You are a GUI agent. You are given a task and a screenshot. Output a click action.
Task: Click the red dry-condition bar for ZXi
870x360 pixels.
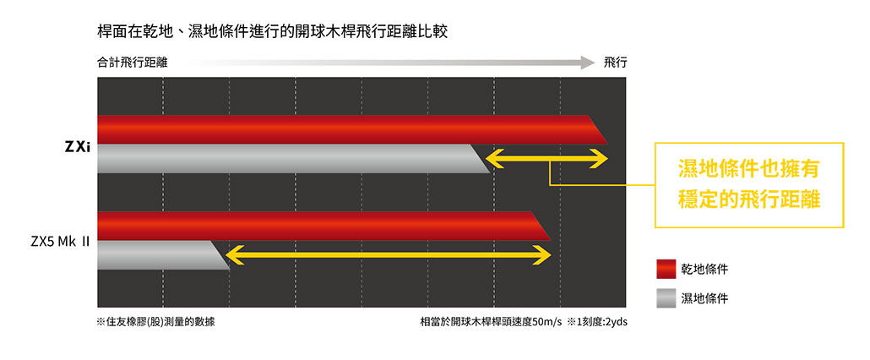[x=352, y=130]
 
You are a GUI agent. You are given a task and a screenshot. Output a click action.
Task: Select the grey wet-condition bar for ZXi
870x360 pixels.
[x=293, y=159]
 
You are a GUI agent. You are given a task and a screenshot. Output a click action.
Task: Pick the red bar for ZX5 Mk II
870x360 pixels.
[x=324, y=226]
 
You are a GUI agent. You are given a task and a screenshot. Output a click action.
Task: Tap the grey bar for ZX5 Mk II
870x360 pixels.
[x=164, y=255]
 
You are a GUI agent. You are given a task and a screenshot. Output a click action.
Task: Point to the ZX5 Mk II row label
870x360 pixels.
[x=60, y=243]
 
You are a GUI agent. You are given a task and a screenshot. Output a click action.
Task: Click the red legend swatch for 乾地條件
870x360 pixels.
[x=666, y=270]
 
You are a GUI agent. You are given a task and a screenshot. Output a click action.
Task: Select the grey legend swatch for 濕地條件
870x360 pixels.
[x=666, y=298]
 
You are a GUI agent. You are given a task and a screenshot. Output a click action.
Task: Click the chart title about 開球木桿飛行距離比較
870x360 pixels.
[x=272, y=31]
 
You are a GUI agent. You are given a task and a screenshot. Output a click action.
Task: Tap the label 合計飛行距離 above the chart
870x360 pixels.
[x=132, y=63]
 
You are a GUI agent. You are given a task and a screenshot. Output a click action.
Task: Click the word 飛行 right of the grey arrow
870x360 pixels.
[x=615, y=63]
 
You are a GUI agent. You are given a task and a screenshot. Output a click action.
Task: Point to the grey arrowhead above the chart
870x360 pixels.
[x=588, y=63]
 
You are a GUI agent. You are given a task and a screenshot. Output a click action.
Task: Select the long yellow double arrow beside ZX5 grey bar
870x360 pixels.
[x=389, y=255]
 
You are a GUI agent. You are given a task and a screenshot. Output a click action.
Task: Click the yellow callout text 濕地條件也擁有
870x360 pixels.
[x=748, y=170]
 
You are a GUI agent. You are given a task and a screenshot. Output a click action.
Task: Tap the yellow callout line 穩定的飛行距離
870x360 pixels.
[x=748, y=199]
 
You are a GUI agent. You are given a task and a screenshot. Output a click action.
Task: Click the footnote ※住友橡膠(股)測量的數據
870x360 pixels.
[x=156, y=322]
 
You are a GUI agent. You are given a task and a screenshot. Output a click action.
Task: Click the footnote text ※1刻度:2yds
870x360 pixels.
[x=597, y=322]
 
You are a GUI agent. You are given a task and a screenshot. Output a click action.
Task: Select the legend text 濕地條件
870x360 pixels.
[x=704, y=299]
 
